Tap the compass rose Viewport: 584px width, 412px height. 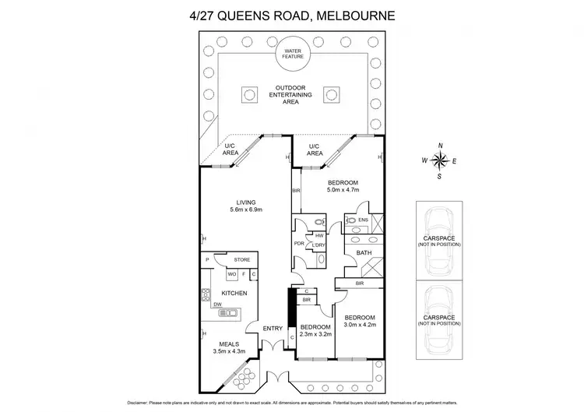pyautogui.click(x=440, y=160)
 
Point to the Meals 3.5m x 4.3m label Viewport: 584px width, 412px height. pyautogui.click(x=228, y=347)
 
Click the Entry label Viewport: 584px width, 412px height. pyautogui.click(x=272, y=328)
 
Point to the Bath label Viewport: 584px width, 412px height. pyautogui.click(x=364, y=252)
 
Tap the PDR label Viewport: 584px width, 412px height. pyautogui.click(x=299, y=242)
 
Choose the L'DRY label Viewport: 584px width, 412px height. pyautogui.click(x=319, y=246)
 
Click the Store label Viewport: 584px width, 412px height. pyautogui.click(x=241, y=259)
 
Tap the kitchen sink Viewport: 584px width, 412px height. pyautogui.click(x=229, y=312)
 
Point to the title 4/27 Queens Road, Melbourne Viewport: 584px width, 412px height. pyautogui.click(x=292, y=14)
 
